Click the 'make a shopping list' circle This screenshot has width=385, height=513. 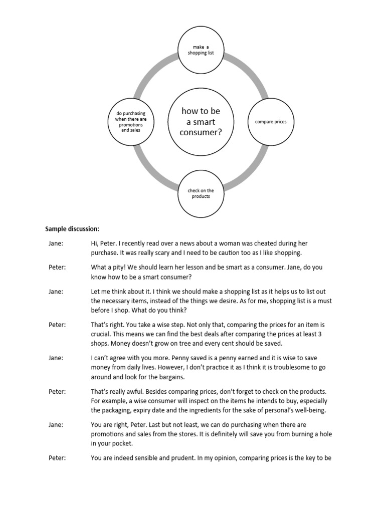pos(201,50)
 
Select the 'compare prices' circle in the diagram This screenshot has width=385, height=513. pos(271,122)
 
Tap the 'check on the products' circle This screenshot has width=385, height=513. pos(201,193)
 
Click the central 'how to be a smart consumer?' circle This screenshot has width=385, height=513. pos(201,122)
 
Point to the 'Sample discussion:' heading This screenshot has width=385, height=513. pos(72,229)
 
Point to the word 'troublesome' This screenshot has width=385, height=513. pos(271,367)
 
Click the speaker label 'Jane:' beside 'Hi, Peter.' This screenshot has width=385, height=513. pos(56,243)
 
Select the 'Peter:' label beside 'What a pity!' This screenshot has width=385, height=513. pos(57,267)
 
